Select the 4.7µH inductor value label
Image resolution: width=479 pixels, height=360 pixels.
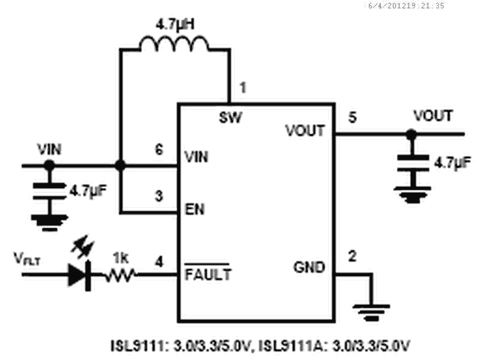174,24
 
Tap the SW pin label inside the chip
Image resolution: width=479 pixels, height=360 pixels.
231,117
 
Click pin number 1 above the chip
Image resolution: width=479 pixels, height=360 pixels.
242,87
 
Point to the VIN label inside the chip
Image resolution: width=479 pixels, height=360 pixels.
196,158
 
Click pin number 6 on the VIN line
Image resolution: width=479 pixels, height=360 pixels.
159,150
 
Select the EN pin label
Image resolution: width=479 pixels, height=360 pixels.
192,211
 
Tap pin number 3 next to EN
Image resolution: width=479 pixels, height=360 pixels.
159,196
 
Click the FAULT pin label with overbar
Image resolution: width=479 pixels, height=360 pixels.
207,275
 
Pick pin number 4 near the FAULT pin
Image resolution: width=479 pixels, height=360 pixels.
159,261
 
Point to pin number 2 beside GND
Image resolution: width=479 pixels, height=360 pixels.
353,258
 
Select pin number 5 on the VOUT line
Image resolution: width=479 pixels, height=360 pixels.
353,117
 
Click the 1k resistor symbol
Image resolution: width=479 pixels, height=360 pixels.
121,276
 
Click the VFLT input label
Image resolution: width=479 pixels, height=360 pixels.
26,259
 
